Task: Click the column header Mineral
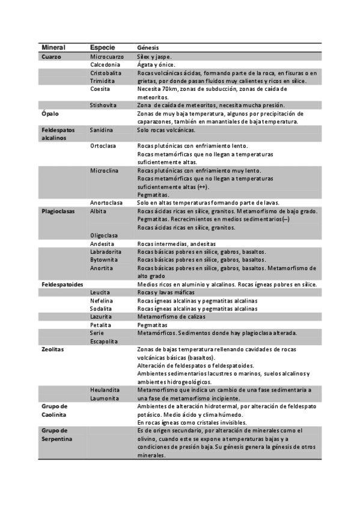(x=53, y=48)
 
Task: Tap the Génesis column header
(x=148, y=48)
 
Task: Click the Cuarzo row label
(x=52, y=57)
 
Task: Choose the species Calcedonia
(x=106, y=64)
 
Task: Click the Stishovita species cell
(x=103, y=105)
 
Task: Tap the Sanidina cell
(x=102, y=129)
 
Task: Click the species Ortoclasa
(x=103, y=146)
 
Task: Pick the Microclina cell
(x=104, y=170)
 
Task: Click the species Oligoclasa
(x=104, y=235)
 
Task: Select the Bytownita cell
(x=105, y=260)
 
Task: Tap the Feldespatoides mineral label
(x=62, y=284)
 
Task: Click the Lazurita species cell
(x=102, y=316)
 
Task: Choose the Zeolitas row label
(x=53, y=349)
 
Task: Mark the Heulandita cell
(x=105, y=390)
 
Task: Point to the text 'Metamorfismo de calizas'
(x=171, y=316)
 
